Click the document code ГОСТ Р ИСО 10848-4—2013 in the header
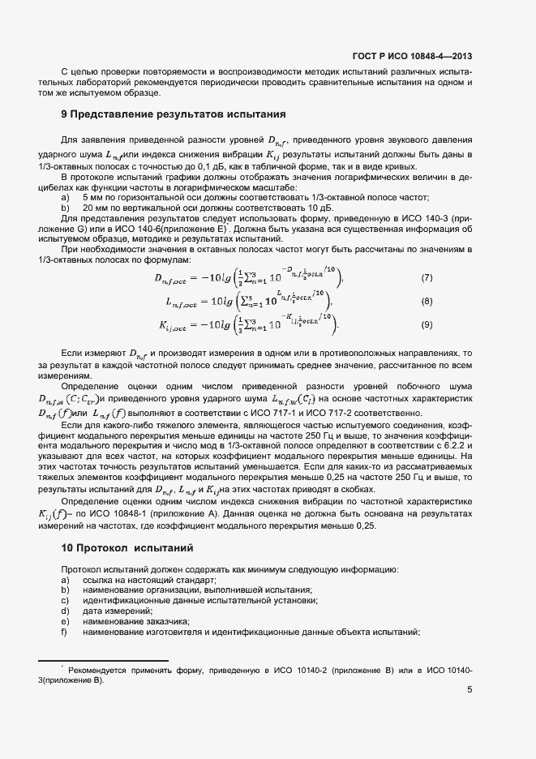412,56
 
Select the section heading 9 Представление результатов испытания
175,114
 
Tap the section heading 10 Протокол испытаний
127,549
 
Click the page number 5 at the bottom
470,690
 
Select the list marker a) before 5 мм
66,198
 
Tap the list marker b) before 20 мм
66,208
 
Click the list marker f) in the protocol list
65,631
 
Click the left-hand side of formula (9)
180,327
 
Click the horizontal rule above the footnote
104,661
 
